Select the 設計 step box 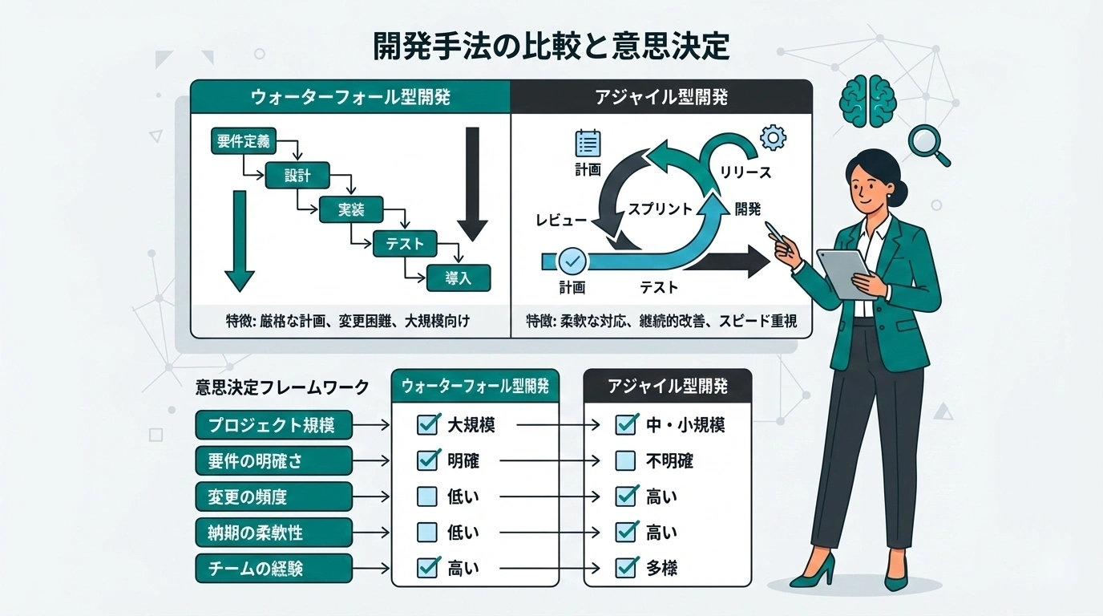(297, 176)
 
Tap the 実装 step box (351, 209)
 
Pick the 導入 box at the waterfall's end (458, 278)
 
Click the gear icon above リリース (772, 137)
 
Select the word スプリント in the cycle (659, 209)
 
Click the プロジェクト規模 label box (273, 425)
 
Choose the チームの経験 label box (273, 568)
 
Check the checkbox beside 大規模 (428, 424)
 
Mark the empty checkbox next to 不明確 (625, 460)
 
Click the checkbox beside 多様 (625, 568)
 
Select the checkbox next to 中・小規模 (625, 424)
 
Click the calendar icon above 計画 (588, 144)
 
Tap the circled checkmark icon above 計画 (572, 260)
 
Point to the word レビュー (561, 219)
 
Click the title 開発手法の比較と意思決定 (551, 47)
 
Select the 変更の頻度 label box (273, 496)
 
